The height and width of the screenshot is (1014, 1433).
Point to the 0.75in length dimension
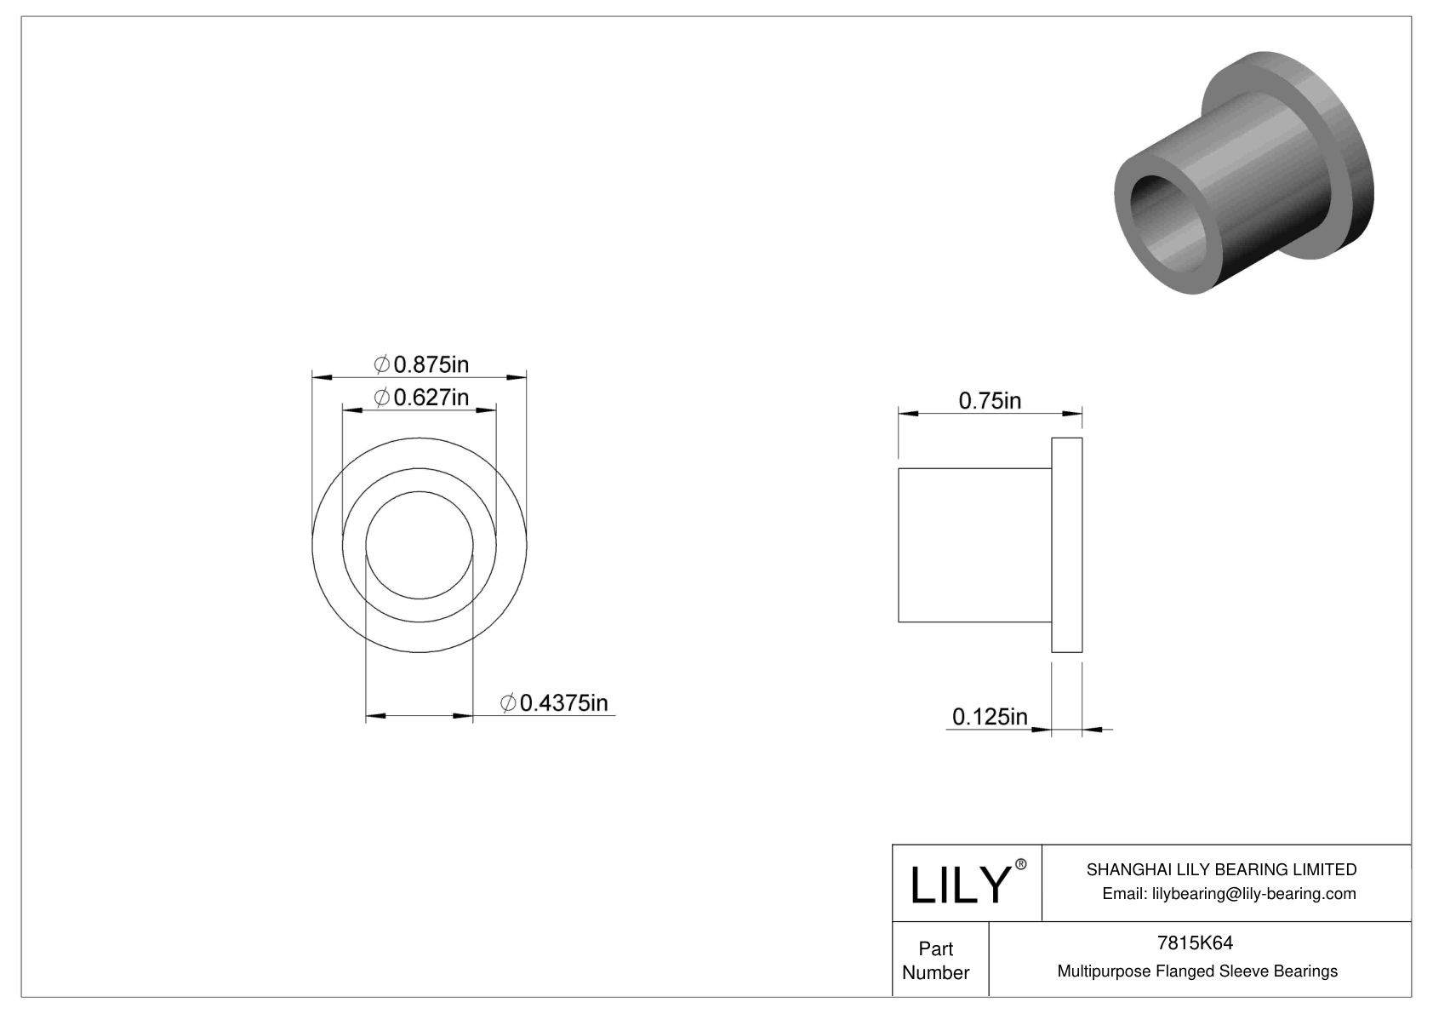[x=990, y=400]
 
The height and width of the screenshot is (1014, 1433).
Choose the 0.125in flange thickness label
[x=990, y=717]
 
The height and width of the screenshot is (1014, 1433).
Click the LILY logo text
[x=959, y=885]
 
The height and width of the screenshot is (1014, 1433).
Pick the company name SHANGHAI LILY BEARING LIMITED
[x=1221, y=869]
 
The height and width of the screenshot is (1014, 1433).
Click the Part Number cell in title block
[x=936, y=960]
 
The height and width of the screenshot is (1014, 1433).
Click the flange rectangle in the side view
[x=1067, y=545]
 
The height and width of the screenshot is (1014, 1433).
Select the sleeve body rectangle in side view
[x=975, y=545]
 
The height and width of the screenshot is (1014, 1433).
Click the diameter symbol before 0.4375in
[x=508, y=703]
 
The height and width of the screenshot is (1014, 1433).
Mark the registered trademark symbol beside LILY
[x=1021, y=864]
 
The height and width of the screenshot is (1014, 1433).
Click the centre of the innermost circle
[x=420, y=545]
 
